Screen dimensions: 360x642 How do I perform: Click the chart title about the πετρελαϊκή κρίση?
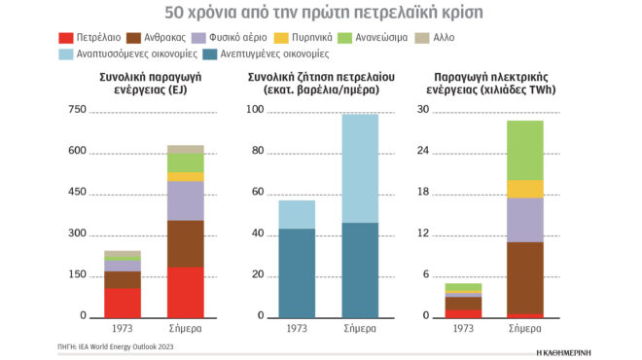(x=321, y=14)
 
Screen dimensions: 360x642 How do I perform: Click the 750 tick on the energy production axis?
(x=77, y=110)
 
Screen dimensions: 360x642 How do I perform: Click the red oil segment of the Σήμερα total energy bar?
(x=186, y=292)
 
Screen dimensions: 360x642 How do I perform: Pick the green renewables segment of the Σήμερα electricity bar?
(x=524, y=150)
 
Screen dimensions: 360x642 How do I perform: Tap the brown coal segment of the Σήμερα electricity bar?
(x=524, y=277)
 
